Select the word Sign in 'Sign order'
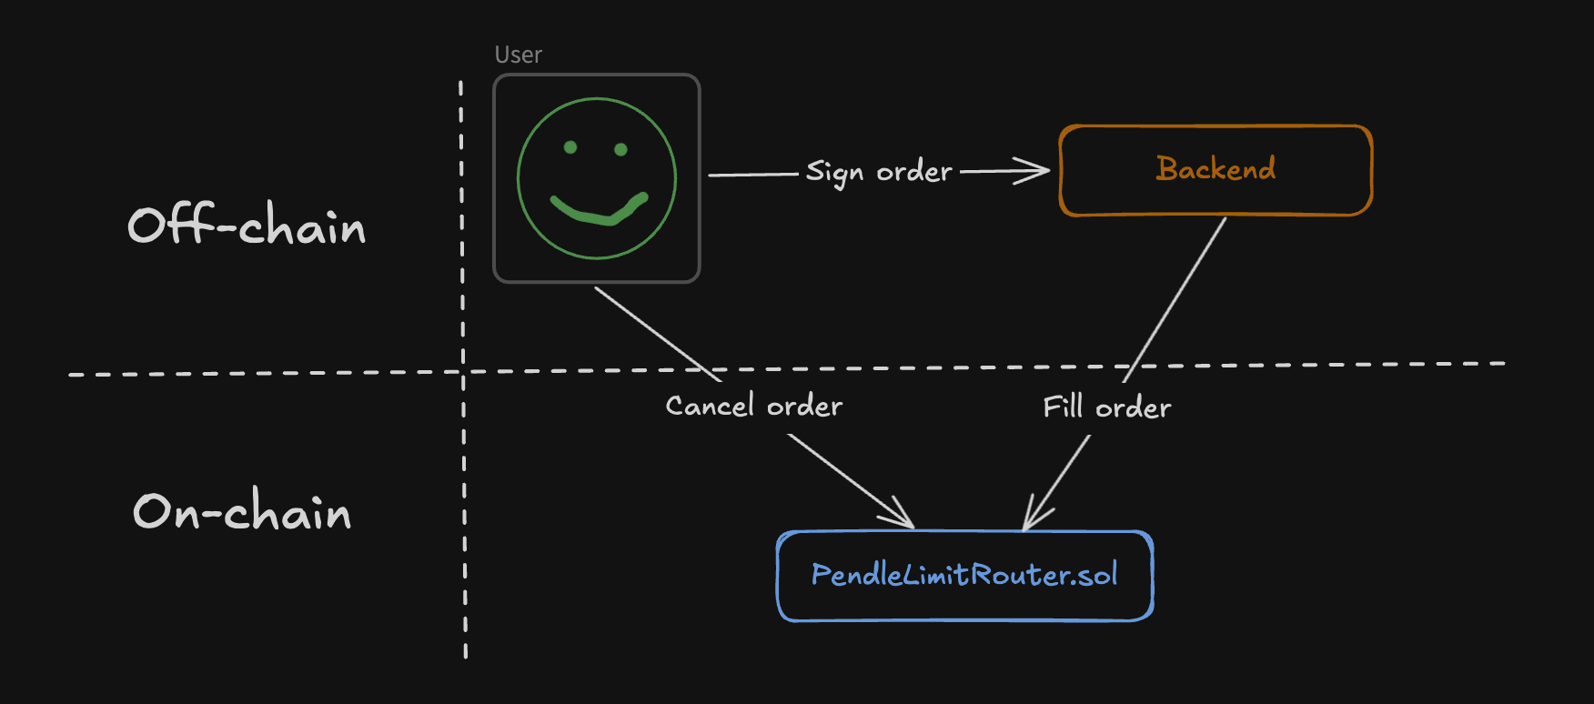pyautogui.click(x=834, y=172)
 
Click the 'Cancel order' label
pyautogui.click(x=754, y=406)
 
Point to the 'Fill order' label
pyautogui.click(x=1107, y=407)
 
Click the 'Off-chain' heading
pyautogui.click(x=247, y=225)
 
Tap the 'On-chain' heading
pyautogui.click(x=242, y=510)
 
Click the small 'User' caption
pyautogui.click(x=519, y=55)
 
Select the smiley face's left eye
pyautogui.click(x=570, y=147)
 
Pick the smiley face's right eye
pyautogui.click(x=621, y=149)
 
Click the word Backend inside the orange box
pyautogui.click(x=1216, y=168)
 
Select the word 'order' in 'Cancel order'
pyautogui.click(x=805, y=406)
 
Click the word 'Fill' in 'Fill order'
pyautogui.click(x=1064, y=406)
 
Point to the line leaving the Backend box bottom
pyautogui.click(x=1175, y=300)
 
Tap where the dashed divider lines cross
pyautogui.click(x=463, y=371)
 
